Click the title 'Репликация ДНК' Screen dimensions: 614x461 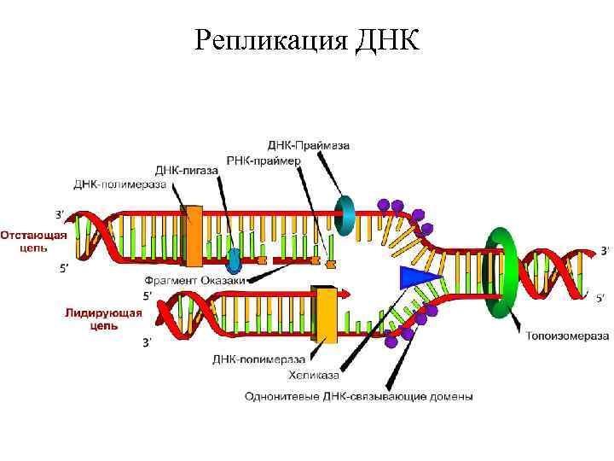pyautogui.click(x=307, y=40)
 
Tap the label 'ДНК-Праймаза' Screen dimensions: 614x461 pyautogui.click(x=309, y=145)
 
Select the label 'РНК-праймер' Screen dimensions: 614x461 pyautogui.click(x=264, y=160)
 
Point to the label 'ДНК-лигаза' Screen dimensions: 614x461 pyautogui.click(x=186, y=171)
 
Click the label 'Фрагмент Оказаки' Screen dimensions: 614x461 pyautogui.click(x=194, y=281)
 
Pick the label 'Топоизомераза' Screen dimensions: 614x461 pyautogui.click(x=567, y=336)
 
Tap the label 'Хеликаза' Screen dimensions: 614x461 pyautogui.click(x=314, y=375)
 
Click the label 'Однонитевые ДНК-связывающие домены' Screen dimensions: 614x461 pyautogui.click(x=359, y=396)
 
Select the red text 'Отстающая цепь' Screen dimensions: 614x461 pyautogui.click(x=33, y=242)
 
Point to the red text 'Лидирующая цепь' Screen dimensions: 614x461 pyautogui.click(x=103, y=319)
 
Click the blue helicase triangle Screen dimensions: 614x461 pyautogui.click(x=417, y=277)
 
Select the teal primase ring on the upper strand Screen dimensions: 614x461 pyautogui.click(x=345, y=216)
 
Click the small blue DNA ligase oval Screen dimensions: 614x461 pyautogui.click(x=235, y=260)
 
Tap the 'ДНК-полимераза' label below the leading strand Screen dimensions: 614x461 pyautogui.click(x=258, y=359)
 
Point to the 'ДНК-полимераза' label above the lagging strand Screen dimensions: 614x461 pyautogui.click(x=120, y=184)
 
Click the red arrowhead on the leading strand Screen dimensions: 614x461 pyautogui.click(x=345, y=293)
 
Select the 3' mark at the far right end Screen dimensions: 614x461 pyautogui.click(x=605, y=250)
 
